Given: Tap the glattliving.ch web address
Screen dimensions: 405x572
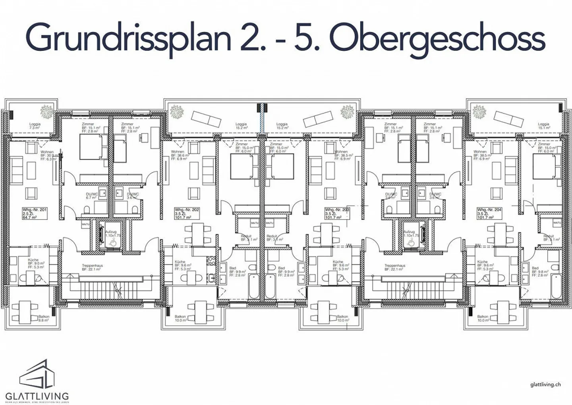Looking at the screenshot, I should (x=545, y=384).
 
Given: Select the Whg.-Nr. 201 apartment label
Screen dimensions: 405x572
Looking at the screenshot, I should (x=35, y=213).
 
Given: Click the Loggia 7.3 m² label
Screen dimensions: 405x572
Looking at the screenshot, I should (x=35, y=126).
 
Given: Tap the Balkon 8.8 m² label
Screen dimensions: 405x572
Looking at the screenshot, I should (x=44, y=318).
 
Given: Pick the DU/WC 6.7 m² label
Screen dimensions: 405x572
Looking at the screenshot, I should (x=91, y=196).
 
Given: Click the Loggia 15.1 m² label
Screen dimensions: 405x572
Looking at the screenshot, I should (x=543, y=126).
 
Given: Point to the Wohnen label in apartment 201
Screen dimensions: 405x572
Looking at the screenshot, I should (x=47, y=152).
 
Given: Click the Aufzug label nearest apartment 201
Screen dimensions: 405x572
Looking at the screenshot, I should (x=111, y=233).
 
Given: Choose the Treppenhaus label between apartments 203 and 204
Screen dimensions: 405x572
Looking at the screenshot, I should (x=394, y=267).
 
